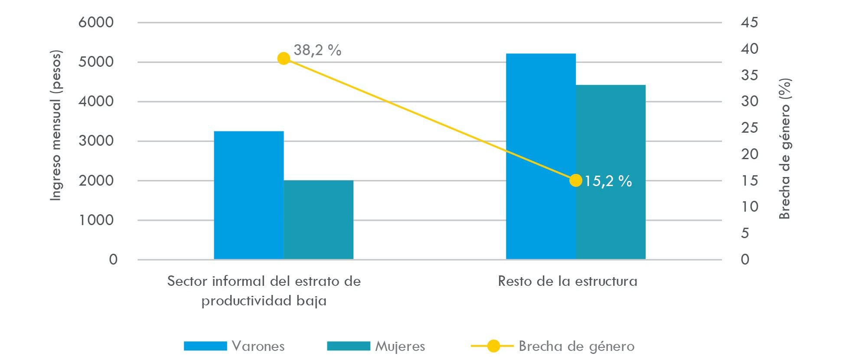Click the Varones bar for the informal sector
click(248, 195)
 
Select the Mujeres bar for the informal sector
click(318, 220)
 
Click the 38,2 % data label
click(317, 50)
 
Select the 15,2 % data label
click(608, 181)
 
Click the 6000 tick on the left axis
click(96, 22)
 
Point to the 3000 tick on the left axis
click(96, 141)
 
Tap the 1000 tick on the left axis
click(96, 220)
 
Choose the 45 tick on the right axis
click(749, 22)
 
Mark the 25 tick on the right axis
click(749, 128)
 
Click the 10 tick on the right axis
click(749, 206)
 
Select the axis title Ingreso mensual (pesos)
click(56, 125)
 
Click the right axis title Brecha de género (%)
click(785, 149)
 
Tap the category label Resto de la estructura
click(568, 281)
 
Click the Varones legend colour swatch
click(205, 346)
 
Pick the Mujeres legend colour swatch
click(348, 346)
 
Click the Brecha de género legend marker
click(493, 346)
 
